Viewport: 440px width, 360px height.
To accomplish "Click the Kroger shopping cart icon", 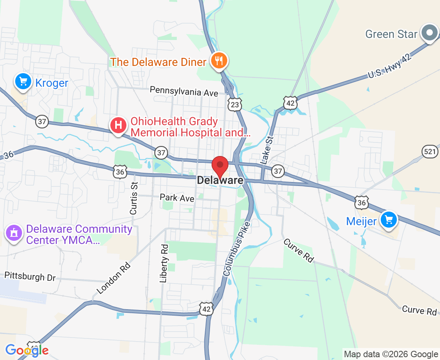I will point(23,82).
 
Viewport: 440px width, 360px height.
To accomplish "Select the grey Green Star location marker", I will point(430,33).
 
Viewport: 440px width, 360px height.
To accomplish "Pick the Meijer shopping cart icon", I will point(389,220).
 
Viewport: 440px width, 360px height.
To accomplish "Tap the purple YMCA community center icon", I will point(14,234).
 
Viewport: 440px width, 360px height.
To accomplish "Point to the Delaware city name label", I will point(220,181).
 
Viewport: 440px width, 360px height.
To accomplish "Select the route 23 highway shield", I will point(235,105).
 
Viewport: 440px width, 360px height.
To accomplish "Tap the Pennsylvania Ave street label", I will point(184,92).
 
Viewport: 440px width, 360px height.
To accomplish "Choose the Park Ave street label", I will point(177,198).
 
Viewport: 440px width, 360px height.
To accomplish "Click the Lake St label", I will point(266,150).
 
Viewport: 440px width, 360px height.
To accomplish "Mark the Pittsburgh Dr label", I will point(30,276).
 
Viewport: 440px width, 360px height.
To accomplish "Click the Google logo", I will point(27,350).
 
